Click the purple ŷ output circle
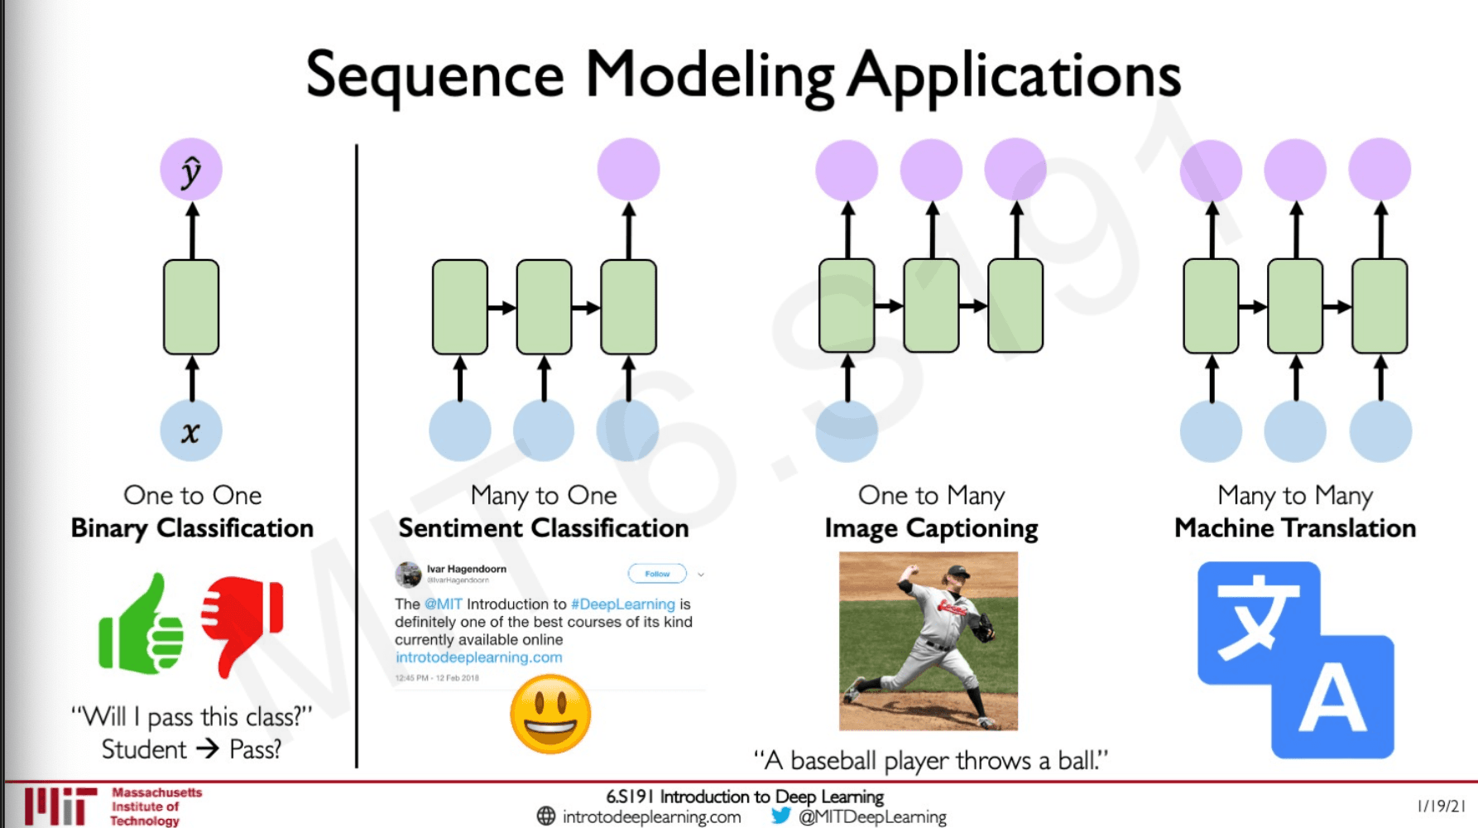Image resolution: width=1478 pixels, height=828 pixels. pos(191,170)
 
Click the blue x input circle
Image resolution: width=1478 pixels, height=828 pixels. pos(191,431)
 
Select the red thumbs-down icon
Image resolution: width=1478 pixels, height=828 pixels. pos(242,621)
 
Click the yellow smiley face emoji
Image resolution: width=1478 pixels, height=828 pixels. pos(550,714)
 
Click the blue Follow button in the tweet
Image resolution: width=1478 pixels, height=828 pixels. pos(657,573)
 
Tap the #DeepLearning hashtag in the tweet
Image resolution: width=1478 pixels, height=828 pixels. pos(622,604)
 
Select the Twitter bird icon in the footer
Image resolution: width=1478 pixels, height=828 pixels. pos(780,816)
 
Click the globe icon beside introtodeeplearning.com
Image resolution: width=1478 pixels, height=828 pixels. pos(546,816)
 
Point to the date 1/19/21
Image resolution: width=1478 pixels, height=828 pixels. pos(1441,806)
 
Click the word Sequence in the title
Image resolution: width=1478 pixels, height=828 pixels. pos(435,76)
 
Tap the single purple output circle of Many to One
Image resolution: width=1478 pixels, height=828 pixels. pos(628,170)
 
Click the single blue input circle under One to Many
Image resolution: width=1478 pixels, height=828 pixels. pos(847,431)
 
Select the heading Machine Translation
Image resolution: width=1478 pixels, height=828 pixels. pos(1295,528)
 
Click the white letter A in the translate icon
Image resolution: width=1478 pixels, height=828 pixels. pos(1332,700)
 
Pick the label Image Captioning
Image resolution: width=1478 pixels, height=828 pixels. pos(931,528)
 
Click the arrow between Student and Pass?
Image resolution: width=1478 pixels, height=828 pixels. pos(208,749)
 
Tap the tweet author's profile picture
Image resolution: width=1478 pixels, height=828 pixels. pos(408,573)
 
